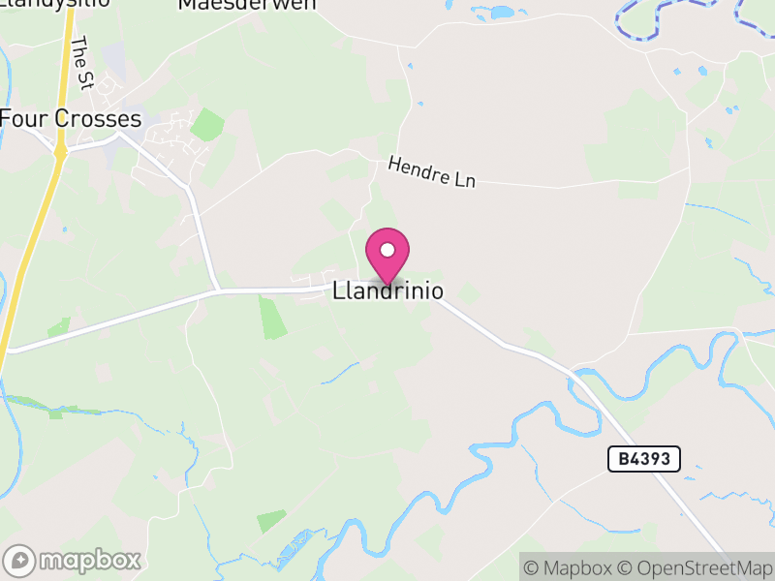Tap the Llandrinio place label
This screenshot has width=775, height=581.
pyautogui.click(x=387, y=290)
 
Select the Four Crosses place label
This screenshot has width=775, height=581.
pyautogui.click(x=71, y=119)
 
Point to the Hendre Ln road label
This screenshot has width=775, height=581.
pyautogui.click(x=432, y=173)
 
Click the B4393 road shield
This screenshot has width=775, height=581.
pyautogui.click(x=644, y=459)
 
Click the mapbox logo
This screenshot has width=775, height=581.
pyautogui.click(x=74, y=560)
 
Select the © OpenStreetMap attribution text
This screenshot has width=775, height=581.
pyautogui.click(x=695, y=567)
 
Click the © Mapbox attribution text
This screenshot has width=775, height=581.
pyautogui.click(x=570, y=567)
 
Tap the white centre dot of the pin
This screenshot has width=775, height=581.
pyautogui.click(x=387, y=250)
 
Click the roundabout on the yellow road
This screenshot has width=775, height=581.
pyautogui.click(x=60, y=151)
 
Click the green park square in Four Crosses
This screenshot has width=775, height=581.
pyautogui.click(x=206, y=125)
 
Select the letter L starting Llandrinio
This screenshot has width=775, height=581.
pyautogui.click(x=338, y=290)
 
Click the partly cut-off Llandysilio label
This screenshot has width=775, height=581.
pyautogui.click(x=48, y=4)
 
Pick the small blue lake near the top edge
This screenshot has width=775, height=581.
pyautogui.click(x=501, y=13)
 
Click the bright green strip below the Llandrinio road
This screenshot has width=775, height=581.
pyautogui.click(x=274, y=319)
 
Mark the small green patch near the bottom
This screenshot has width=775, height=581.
pyautogui.click(x=272, y=520)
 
